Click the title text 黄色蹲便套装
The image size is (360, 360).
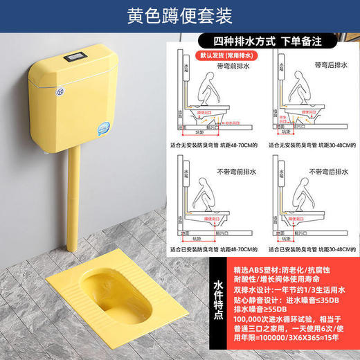pos(180,15)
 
